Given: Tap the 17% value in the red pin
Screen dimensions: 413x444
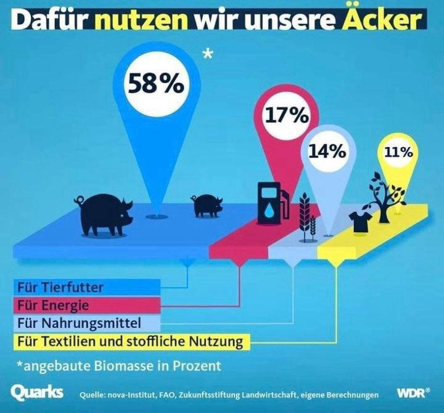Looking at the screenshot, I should click(287, 115).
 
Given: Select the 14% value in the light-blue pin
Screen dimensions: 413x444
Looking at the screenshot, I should click(327, 151).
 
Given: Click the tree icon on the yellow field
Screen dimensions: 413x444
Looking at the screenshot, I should click(384, 197).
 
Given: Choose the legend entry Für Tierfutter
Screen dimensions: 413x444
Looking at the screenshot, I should click(60, 287).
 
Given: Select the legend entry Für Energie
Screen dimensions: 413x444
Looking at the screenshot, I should click(54, 305).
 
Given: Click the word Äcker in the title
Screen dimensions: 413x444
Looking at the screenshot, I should click(392, 20).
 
